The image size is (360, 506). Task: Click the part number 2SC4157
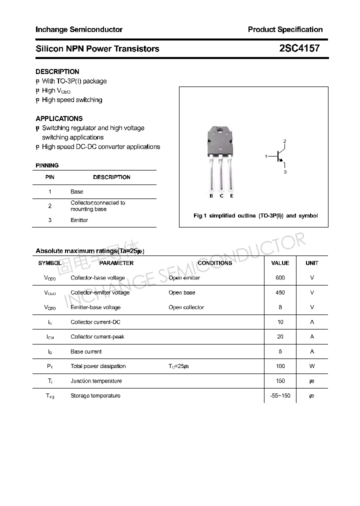(x=299, y=48)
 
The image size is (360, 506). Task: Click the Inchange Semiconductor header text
(x=79, y=29)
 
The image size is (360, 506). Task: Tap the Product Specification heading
(x=285, y=29)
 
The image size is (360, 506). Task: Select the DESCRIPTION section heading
(x=57, y=71)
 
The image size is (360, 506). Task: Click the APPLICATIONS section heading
(x=59, y=118)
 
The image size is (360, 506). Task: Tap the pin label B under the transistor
(x=211, y=196)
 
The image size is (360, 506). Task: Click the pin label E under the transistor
(x=231, y=196)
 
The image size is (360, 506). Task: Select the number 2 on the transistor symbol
(x=284, y=141)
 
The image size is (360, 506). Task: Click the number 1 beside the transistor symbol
(x=266, y=157)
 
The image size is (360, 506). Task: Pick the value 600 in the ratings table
(x=280, y=278)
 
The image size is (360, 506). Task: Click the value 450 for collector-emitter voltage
(x=280, y=292)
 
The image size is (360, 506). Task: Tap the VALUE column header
(x=280, y=263)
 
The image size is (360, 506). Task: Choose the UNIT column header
(x=312, y=263)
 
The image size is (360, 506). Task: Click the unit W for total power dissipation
(x=312, y=366)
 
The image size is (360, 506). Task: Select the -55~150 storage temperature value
(x=280, y=396)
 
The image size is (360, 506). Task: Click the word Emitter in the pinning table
(x=79, y=220)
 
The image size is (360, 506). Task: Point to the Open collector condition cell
(x=186, y=307)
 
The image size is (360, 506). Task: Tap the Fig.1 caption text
(x=255, y=216)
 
